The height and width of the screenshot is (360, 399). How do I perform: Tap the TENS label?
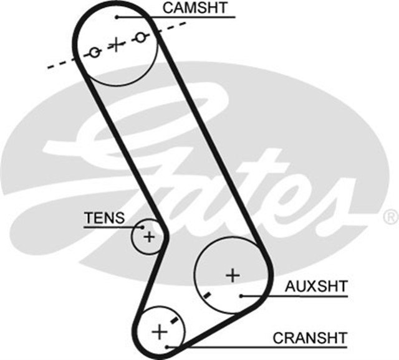[104, 217]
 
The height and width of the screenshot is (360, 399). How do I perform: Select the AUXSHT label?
[315, 287]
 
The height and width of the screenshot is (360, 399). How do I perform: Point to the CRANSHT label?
[309, 338]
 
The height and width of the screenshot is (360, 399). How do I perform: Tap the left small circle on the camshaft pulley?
[94, 52]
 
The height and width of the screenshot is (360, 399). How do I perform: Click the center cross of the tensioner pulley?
[148, 237]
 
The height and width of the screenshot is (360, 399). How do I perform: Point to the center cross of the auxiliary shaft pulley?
[232, 274]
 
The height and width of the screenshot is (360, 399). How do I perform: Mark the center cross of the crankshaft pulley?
[160, 330]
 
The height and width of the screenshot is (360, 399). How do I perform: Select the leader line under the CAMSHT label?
[187, 17]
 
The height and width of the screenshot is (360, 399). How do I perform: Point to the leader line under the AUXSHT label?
[299, 295]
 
